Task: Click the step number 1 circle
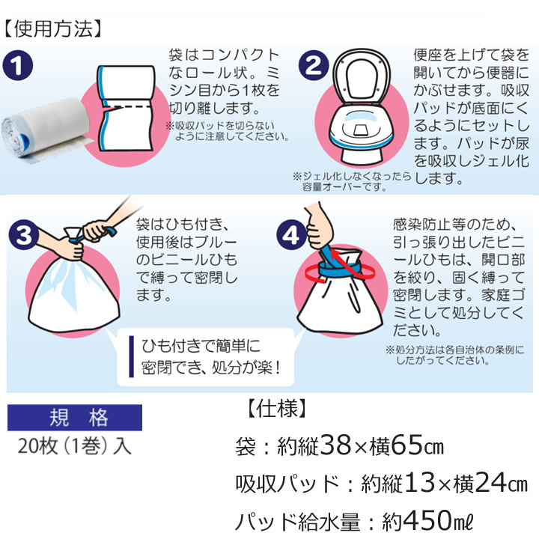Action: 18,65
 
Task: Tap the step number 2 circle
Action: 313,65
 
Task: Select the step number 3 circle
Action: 24,235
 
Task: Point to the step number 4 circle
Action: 291,235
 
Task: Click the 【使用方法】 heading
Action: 53,28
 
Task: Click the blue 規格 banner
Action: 75,417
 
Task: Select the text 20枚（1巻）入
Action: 75,446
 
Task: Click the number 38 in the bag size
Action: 337,445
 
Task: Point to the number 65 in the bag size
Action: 406,445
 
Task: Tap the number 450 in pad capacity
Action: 427,520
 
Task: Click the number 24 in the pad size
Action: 490,483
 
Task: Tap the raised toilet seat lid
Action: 362,76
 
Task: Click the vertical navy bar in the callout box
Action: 131,356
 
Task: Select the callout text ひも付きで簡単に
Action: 201,346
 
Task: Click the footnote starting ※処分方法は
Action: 455,355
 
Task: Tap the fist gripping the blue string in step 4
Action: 318,228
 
